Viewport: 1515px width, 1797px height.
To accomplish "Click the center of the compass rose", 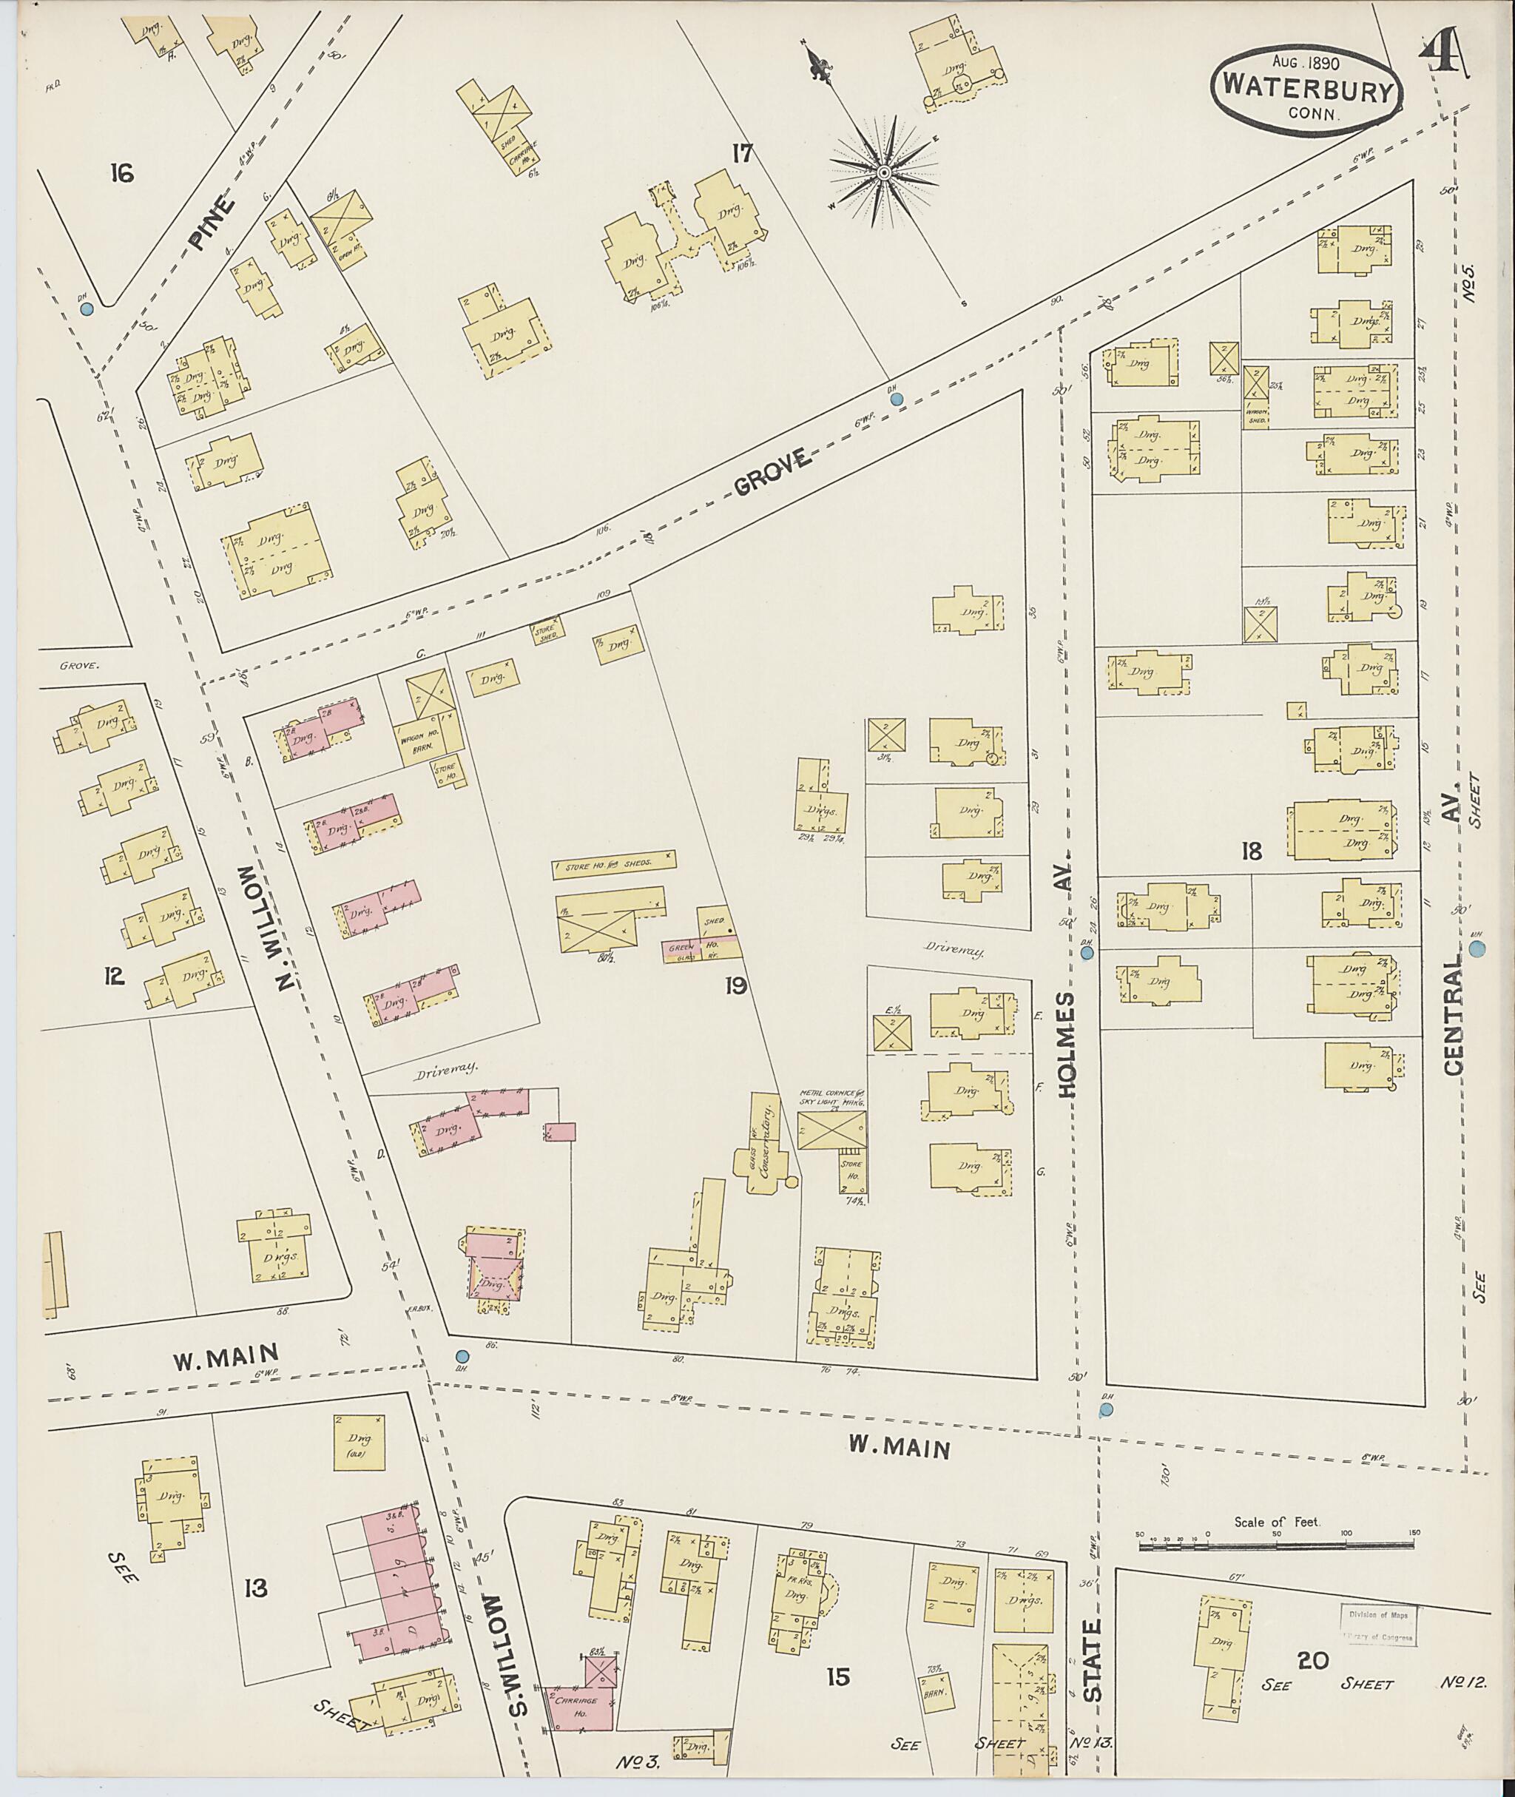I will point(883,174).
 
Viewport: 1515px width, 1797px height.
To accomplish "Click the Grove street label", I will point(774,473).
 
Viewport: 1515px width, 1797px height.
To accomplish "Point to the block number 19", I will point(735,988).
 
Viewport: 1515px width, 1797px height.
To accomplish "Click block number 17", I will point(742,154).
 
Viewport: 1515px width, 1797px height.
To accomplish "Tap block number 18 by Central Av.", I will point(1252,852).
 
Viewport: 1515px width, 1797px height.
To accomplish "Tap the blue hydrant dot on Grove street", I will point(897,399).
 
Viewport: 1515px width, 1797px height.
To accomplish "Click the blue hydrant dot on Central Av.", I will point(1477,949).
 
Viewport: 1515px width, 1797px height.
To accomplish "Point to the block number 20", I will point(1314,1660).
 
